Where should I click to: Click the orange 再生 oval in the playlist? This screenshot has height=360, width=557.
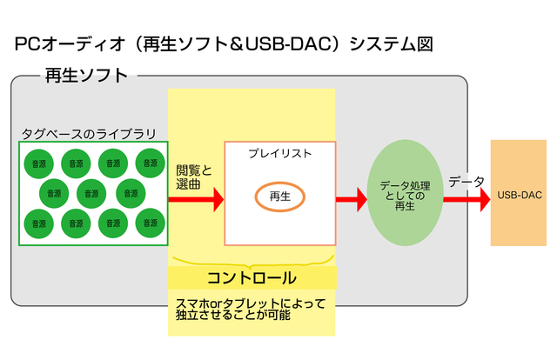point(279,197)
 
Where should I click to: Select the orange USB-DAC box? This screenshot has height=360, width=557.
point(520,193)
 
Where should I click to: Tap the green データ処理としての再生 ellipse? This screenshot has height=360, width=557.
point(405,194)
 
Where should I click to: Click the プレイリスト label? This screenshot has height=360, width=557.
point(279,154)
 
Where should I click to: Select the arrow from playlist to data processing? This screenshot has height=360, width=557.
point(351,200)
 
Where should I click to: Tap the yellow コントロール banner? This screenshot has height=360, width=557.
point(252,278)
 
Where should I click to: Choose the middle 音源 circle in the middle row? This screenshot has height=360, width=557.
point(94,193)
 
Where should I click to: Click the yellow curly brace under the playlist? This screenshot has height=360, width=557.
point(252,260)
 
